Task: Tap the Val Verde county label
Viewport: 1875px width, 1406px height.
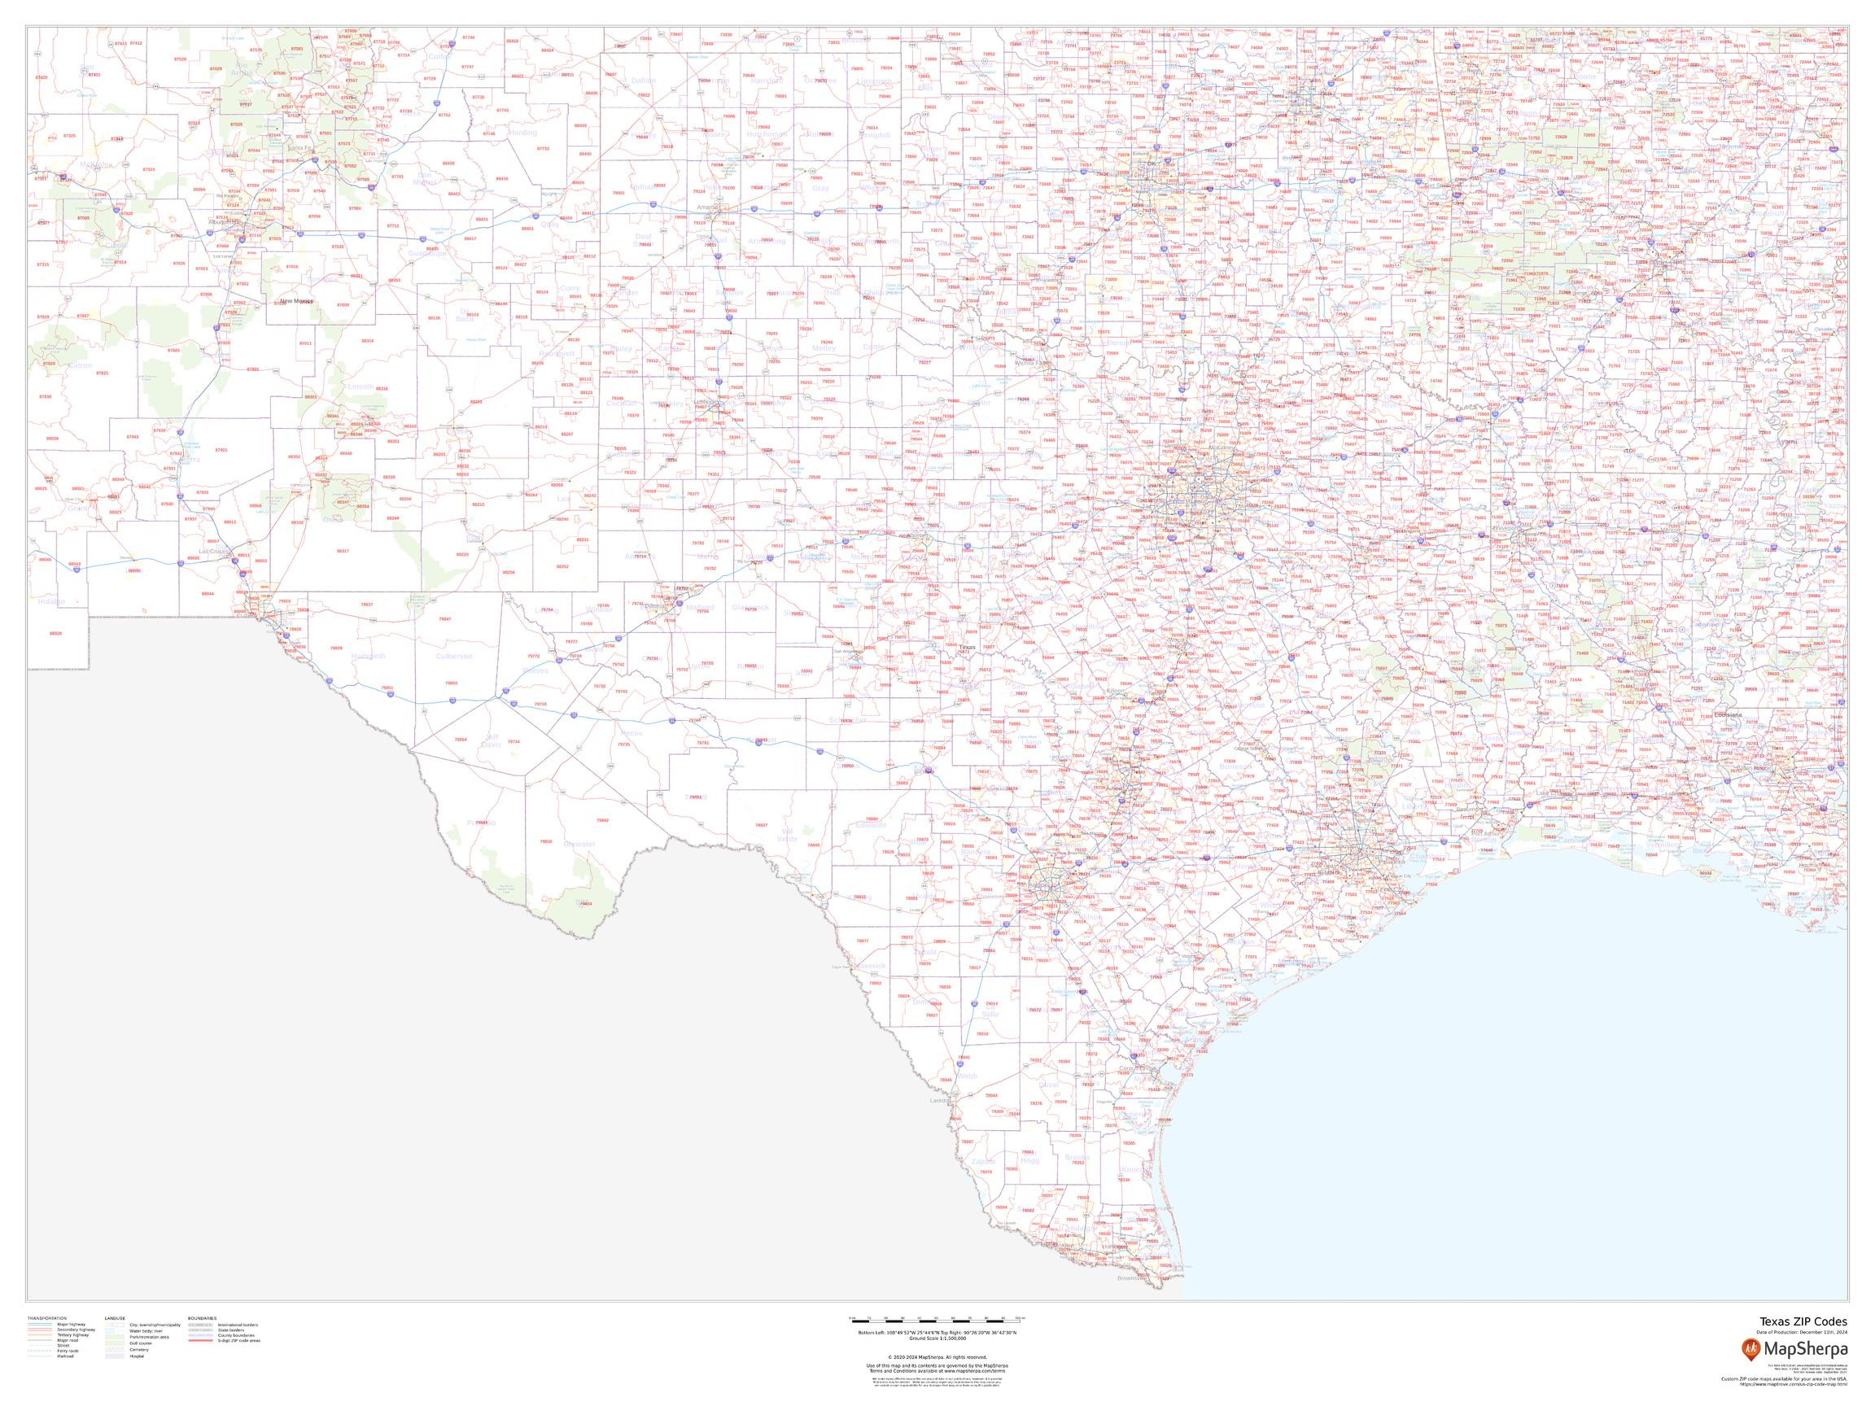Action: click(788, 836)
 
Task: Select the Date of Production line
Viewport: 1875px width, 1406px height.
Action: click(1804, 1332)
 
